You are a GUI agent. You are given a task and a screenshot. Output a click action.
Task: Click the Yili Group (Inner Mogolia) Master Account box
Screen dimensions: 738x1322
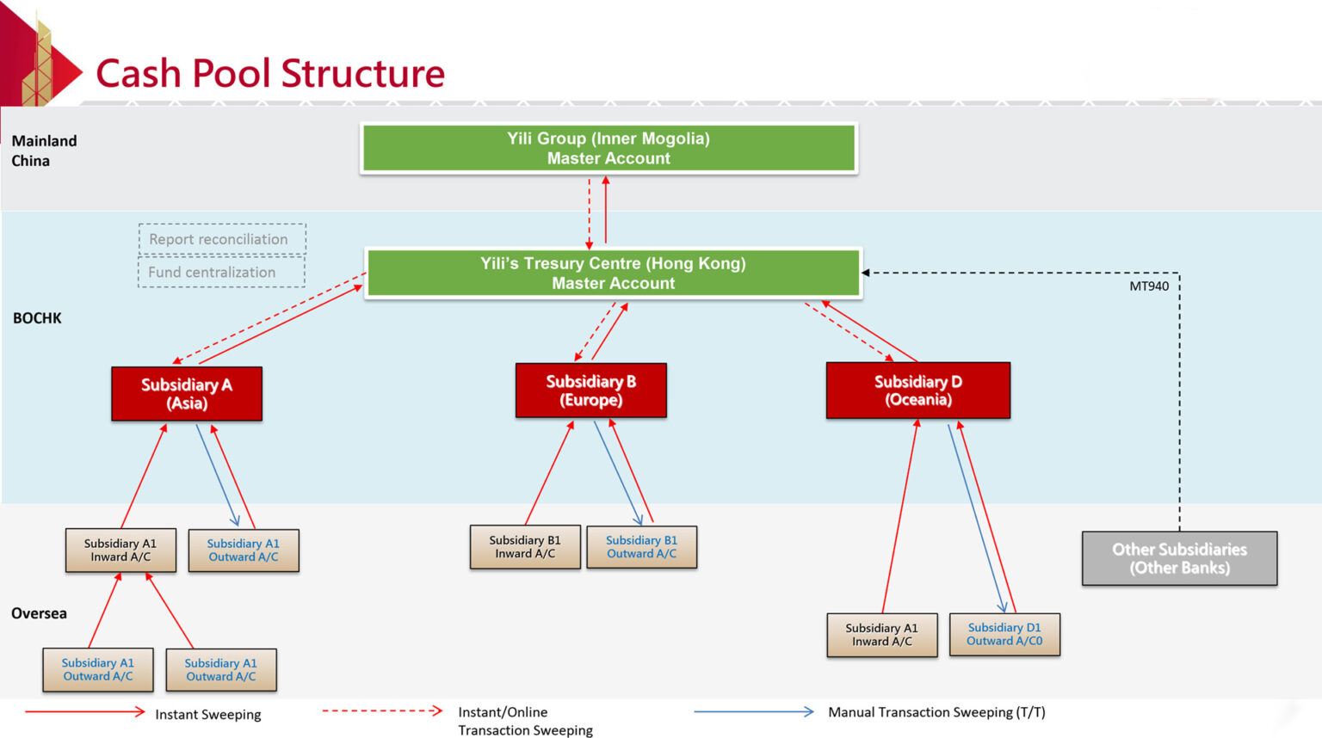[x=608, y=148]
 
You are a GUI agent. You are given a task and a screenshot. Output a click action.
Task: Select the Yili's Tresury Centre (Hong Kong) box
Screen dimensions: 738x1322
[x=613, y=274]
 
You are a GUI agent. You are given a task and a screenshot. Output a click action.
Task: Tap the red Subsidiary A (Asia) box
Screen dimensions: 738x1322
[x=187, y=394]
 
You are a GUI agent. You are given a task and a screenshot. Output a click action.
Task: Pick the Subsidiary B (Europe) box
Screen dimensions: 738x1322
[x=591, y=391]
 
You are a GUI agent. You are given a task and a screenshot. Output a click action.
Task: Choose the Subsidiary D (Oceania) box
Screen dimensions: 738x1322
[x=917, y=391]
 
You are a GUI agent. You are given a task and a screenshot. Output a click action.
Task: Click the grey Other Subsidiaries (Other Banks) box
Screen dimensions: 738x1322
[x=1179, y=558]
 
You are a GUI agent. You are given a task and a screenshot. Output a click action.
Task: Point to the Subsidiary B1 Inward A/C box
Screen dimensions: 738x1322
[x=525, y=547]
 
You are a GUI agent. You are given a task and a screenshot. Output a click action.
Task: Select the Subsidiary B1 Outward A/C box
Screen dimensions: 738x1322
[x=641, y=547]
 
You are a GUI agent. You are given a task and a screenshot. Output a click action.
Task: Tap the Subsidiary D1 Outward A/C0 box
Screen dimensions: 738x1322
[x=1004, y=635]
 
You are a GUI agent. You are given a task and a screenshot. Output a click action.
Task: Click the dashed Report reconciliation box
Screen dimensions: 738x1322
[x=221, y=239]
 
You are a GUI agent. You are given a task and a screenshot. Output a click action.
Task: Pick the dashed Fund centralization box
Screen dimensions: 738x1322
[x=221, y=272]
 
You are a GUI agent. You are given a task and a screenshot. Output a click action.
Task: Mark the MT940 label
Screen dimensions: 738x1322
[x=1149, y=286]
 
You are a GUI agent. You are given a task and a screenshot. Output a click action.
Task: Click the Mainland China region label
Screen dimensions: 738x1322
[x=44, y=151]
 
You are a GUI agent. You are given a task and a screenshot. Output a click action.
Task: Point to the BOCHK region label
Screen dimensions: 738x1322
[x=37, y=318]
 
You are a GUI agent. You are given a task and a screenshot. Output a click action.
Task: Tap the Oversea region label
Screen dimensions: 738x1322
[x=39, y=613]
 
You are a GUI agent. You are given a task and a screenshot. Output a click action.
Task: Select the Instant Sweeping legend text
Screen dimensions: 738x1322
[x=207, y=715]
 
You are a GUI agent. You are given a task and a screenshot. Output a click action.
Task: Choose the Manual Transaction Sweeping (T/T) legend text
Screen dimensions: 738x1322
[x=936, y=712]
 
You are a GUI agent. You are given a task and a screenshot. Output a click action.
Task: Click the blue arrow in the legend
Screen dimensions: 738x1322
[x=753, y=712]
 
